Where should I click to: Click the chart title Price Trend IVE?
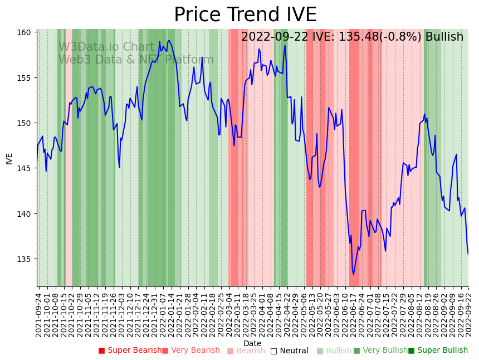245,15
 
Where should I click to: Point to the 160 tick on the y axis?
23,32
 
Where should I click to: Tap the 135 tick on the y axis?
23,259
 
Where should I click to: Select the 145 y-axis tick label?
23,168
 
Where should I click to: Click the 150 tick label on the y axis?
23,123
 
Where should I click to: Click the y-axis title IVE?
9,158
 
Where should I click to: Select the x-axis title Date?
252,343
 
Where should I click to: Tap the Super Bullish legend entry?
438,351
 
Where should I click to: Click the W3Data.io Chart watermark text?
106,47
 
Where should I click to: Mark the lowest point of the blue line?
353,274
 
